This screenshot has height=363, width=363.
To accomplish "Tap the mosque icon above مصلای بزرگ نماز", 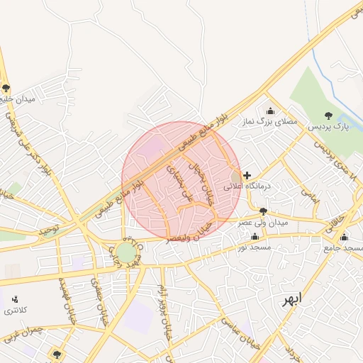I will (269, 111).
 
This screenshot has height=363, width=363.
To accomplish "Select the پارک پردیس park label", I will (328, 127).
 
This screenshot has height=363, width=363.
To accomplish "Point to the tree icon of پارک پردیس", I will (328, 115).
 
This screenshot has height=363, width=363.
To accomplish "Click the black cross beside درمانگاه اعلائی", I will (247, 175).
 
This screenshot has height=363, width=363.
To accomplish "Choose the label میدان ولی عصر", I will (263, 223).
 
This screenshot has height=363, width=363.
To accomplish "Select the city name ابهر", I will (291, 298).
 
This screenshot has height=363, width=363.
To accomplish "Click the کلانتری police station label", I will (15, 311).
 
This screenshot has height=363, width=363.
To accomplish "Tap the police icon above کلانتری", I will (15, 299).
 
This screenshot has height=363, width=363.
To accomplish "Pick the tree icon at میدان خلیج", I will (6, 88).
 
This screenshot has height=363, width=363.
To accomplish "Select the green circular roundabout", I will (126, 252).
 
